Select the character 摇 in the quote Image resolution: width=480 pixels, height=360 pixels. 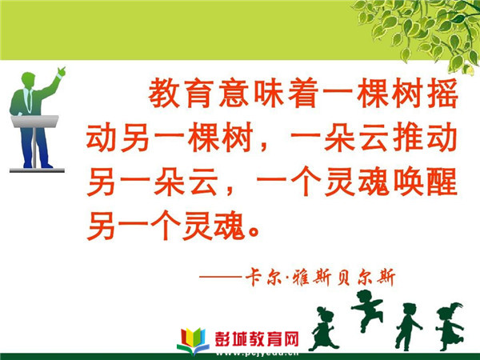coord(442,93)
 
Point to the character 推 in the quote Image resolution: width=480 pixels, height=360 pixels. coord(407,137)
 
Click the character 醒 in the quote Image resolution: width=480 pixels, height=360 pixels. coord(442,182)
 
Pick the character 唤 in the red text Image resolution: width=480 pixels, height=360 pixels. coord(407,182)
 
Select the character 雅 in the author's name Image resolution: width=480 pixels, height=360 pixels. coord(301,278)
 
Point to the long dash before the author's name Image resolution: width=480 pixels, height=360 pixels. coord(221,277)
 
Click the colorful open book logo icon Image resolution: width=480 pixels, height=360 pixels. coord(193,341)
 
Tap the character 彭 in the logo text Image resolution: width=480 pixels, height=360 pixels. coord(223,339)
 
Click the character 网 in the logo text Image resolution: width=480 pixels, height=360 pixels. coord(290,339)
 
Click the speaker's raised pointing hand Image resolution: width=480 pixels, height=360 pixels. coord(62,71)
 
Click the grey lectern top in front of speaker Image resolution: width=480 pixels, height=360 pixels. coord(34,121)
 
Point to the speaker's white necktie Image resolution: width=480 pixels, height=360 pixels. coord(30,101)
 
